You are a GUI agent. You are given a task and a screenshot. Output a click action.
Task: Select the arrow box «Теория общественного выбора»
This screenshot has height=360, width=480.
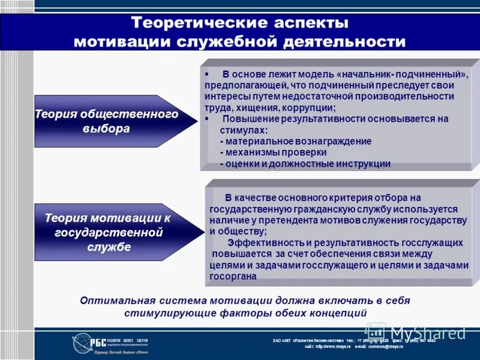coord(108,121)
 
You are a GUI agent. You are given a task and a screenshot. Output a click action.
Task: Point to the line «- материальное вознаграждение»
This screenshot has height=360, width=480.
coord(296,142)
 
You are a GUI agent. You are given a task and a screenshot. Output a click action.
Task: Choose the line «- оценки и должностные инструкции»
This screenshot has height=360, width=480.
coord(305,163)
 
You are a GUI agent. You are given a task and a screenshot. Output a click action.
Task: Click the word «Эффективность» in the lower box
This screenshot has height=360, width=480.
coord(265,242)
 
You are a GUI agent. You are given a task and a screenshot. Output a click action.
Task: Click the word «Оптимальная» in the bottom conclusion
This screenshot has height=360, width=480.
coord(113,301)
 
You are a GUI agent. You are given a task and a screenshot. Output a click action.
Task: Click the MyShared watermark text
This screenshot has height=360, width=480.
coord(428,332)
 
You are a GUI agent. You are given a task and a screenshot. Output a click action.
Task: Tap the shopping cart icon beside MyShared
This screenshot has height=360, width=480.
coord(376,331)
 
